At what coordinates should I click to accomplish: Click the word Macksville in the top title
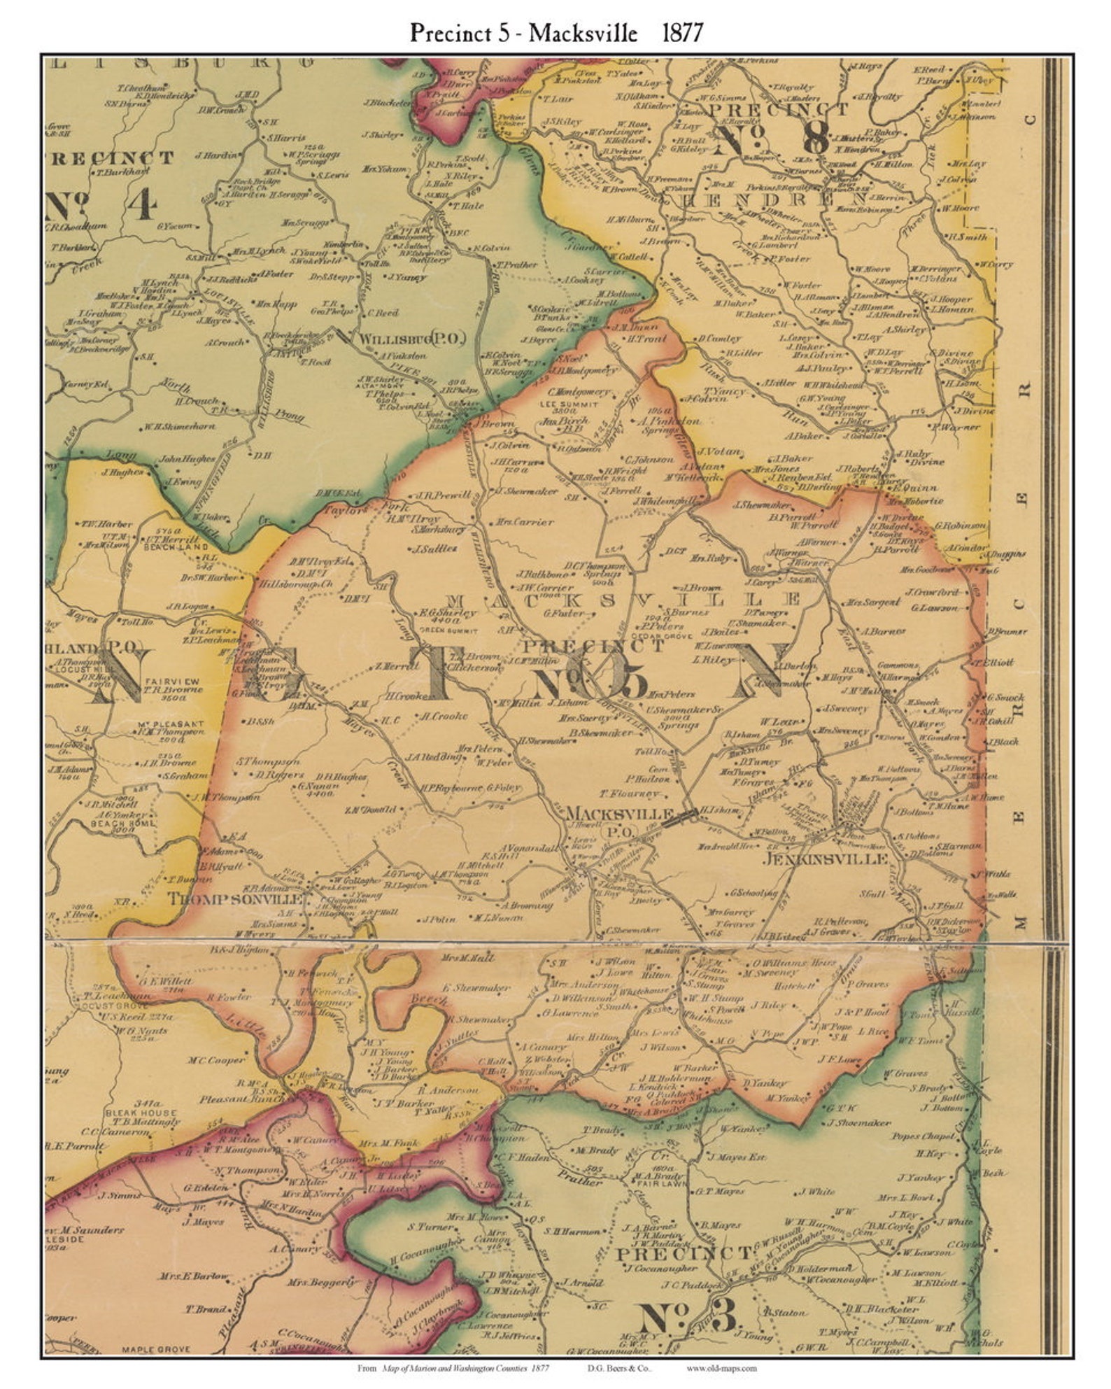coord(583,32)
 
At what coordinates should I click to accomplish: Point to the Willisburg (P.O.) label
coord(412,339)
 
